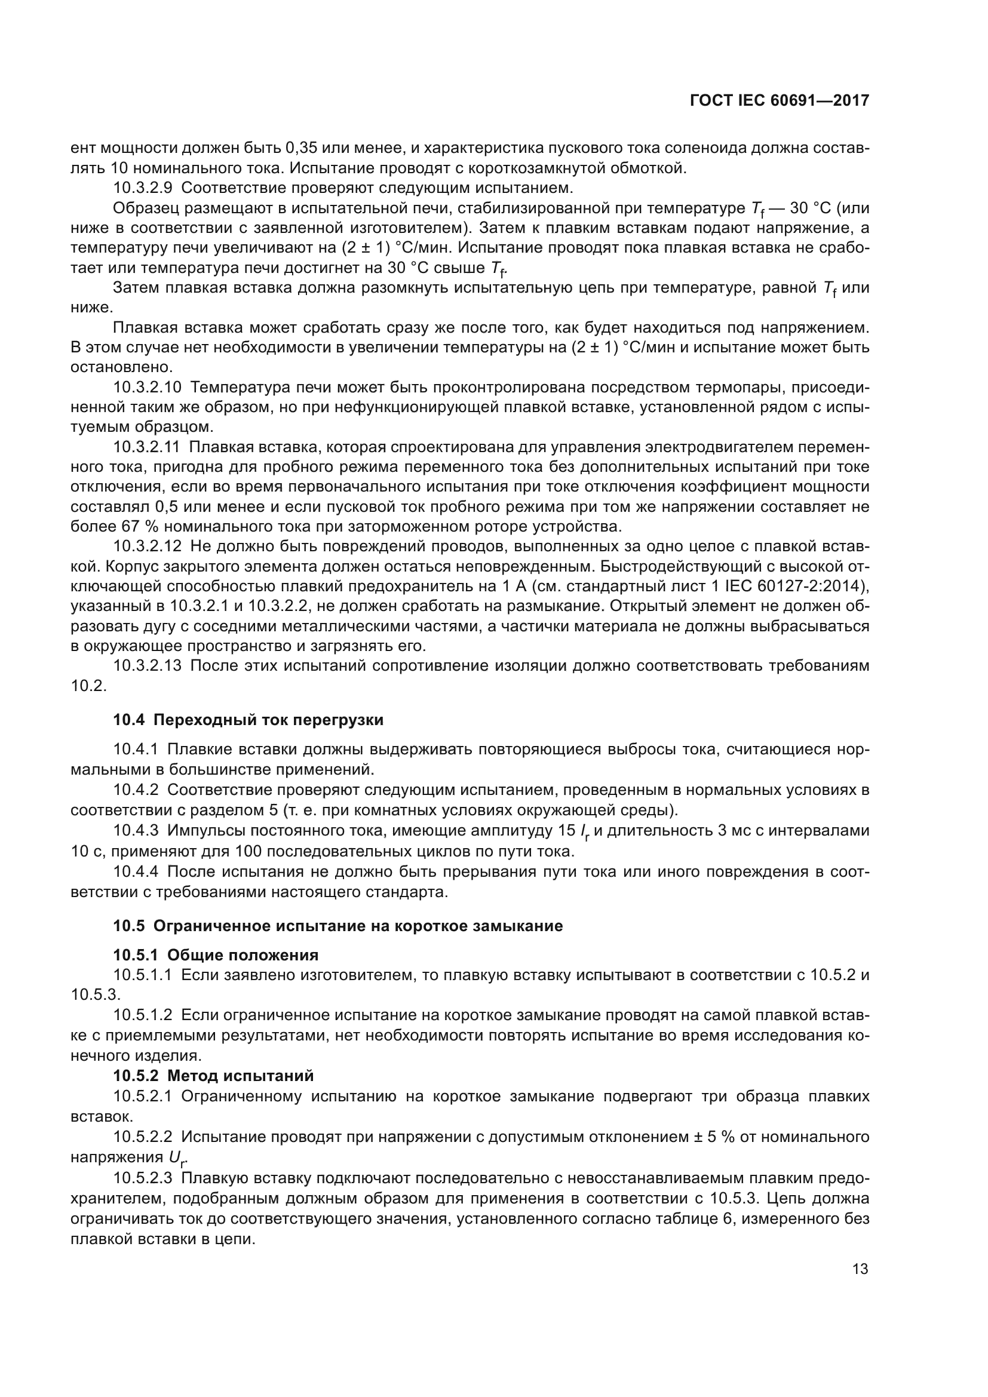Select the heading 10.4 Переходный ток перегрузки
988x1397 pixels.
pos(248,720)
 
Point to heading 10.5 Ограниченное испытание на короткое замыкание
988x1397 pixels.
pos(337,926)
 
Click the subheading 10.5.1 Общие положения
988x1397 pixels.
pos(216,954)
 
